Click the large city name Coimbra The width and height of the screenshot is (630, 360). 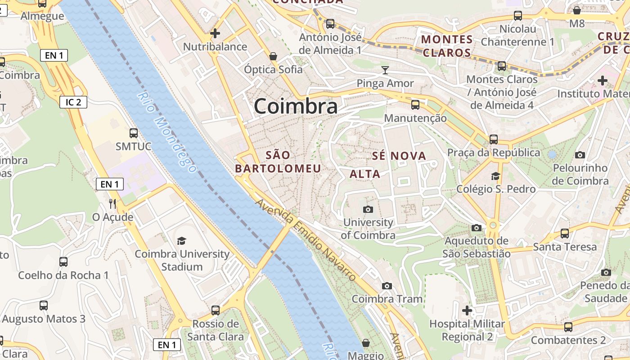coord(296,107)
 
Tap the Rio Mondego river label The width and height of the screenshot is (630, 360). coord(167,132)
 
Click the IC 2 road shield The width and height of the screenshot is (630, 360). coord(73,102)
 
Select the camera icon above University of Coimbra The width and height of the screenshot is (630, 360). coord(368,209)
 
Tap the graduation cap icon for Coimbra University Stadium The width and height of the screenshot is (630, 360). coord(181,241)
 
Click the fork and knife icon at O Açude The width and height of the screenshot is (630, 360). coord(112,204)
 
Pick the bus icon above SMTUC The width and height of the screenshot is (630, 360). coord(134,133)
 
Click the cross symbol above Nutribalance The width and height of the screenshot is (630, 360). coord(215,33)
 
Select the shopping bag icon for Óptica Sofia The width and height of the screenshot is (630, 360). coord(273,56)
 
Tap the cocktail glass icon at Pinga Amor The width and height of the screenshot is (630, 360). coord(385,70)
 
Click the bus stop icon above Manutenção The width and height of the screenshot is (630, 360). coord(415,105)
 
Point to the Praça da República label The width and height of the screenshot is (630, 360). coord(494,153)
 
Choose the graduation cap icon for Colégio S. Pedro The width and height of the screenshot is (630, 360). coord(496,175)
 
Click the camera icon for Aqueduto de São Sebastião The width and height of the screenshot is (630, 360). coord(476,228)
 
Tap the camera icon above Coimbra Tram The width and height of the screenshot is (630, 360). coord(387,286)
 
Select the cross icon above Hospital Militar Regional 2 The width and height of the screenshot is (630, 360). coord(467,310)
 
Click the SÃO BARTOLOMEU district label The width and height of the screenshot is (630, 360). coord(278,162)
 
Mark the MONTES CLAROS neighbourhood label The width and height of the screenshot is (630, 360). coord(447,46)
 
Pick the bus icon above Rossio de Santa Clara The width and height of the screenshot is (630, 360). coord(216,310)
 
